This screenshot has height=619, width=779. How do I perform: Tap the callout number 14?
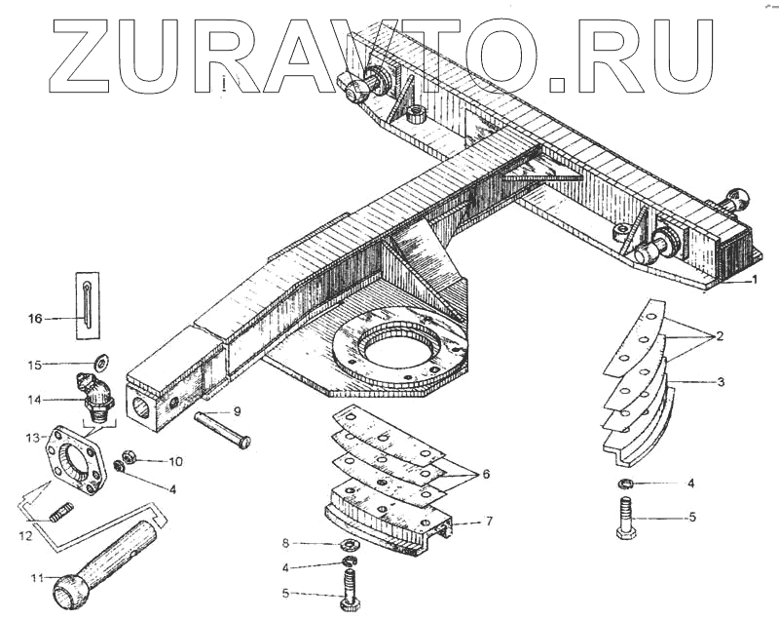[35, 400]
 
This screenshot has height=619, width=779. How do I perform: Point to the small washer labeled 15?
[97, 365]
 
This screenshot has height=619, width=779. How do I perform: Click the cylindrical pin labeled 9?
[223, 429]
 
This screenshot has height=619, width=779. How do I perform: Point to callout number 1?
[753, 280]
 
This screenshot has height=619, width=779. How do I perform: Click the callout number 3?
[721, 382]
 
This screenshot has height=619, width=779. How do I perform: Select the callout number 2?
[720, 336]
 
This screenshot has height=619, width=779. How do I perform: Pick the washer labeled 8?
[348, 543]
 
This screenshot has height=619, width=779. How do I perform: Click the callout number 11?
[36, 577]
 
